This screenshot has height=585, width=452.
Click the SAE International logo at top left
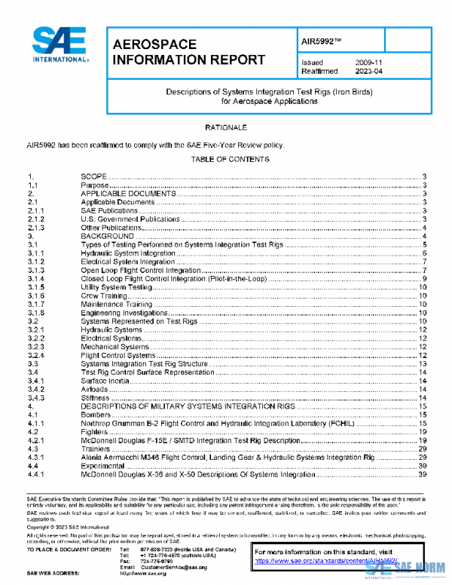point(61,45)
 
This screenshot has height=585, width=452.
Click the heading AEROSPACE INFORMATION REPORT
point(188,53)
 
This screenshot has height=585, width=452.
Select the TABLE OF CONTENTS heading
point(230,159)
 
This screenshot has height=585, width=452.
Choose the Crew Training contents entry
point(104,296)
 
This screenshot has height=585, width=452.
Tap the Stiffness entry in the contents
point(96,398)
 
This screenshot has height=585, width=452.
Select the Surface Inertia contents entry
point(105,381)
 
